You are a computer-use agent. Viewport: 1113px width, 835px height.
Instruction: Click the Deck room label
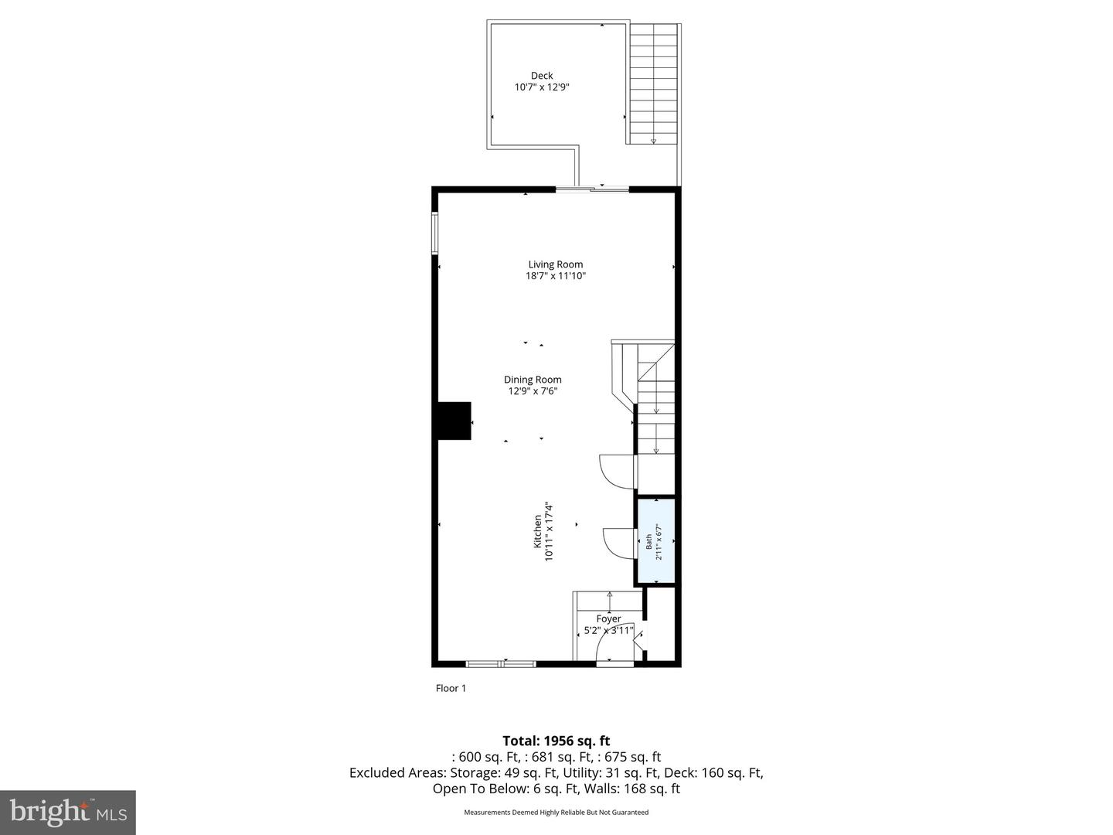(x=542, y=76)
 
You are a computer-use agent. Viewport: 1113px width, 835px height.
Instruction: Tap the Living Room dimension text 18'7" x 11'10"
(x=556, y=276)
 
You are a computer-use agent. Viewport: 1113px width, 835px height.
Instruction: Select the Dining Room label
(x=533, y=380)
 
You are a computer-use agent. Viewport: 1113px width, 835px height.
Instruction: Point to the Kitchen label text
(x=538, y=532)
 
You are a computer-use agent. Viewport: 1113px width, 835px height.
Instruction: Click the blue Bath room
(x=655, y=541)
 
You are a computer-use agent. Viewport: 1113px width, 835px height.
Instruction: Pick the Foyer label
(x=608, y=619)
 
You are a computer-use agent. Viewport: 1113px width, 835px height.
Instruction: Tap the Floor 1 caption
(x=451, y=688)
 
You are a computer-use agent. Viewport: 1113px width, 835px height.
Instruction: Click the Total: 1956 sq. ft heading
(x=556, y=741)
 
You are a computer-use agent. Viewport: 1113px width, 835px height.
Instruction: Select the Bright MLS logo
(x=68, y=812)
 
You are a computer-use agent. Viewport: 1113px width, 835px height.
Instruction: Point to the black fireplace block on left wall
(x=454, y=421)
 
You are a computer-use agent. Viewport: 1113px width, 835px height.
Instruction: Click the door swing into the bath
(x=618, y=541)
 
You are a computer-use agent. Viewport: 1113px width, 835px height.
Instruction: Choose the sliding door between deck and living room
(x=592, y=189)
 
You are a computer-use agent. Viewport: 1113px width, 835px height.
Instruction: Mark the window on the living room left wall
(x=435, y=233)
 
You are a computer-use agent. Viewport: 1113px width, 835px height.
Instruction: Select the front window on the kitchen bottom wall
(x=501, y=663)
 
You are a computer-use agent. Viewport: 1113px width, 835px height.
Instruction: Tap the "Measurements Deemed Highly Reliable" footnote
(x=556, y=813)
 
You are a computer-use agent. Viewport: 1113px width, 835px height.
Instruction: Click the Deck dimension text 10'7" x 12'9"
(x=542, y=87)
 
